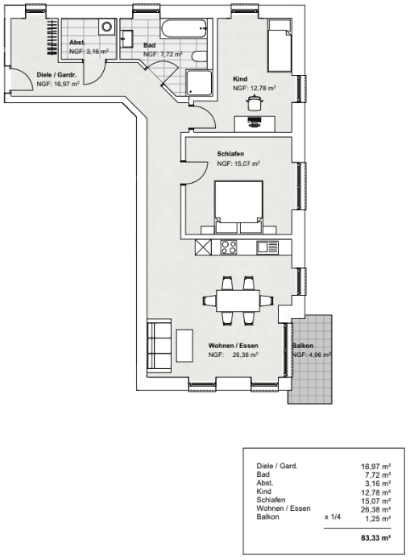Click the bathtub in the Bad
point(184,29)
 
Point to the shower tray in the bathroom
point(198,82)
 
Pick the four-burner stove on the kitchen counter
point(228,247)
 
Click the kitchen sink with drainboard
point(267,247)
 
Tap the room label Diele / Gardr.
point(56,75)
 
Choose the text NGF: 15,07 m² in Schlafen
point(238,164)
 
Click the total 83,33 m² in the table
point(375,537)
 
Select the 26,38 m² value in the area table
point(375,508)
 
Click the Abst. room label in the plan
point(78,42)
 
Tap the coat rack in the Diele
point(52,36)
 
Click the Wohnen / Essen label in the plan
point(232,346)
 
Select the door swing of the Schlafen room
point(195,169)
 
